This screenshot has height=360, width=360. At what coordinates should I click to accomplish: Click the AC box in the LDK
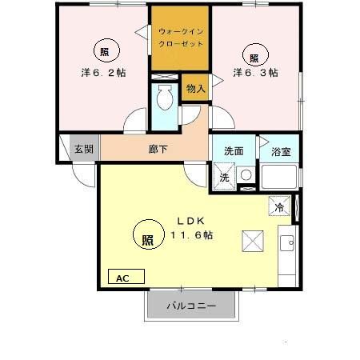pyautogui.click(x=125, y=278)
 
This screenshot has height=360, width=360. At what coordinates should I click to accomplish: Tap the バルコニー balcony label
pyautogui.click(x=191, y=306)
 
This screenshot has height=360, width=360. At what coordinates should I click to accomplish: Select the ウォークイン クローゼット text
pyautogui.click(x=182, y=37)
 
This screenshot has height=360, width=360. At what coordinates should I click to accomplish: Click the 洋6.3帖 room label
pyautogui.click(x=255, y=72)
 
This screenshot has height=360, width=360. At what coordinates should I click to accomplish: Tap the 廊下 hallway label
pyautogui.click(x=158, y=149)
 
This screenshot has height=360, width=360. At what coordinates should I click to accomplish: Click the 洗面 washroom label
pyautogui.click(x=234, y=150)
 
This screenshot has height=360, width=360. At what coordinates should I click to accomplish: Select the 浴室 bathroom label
pyautogui.click(x=281, y=150)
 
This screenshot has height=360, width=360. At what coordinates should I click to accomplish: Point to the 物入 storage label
pyautogui.click(x=195, y=88)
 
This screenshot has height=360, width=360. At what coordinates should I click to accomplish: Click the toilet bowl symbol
pyautogui.click(x=166, y=99)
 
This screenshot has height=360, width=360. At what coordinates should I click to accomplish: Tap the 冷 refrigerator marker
pyautogui.click(x=279, y=206)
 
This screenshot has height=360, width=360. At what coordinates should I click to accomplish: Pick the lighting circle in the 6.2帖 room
pyautogui.click(x=105, y=51)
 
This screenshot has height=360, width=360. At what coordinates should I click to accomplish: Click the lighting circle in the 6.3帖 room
pyautogui.click(x=254, y=56)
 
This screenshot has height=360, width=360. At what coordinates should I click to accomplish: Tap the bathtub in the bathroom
pyautogui.click(x=279, y=177)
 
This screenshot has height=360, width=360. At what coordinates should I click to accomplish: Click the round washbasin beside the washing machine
pyautogui.click(x=246, y=174)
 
